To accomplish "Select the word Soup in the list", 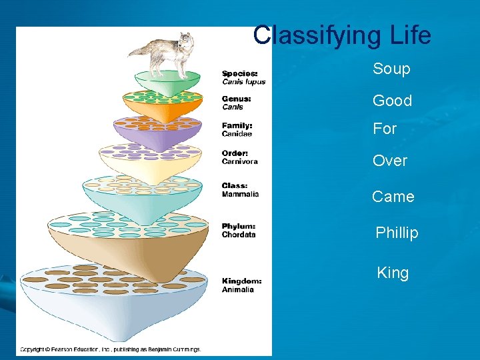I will pyautogui.click(x=391, y=69).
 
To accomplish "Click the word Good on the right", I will pyautogui.click(x=392, y=101).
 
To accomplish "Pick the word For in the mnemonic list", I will pyautogui.click(x=385, y=129).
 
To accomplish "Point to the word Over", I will pyautogui.click(x=389, y=161).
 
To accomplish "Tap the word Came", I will pyautogui.click(x=393, y=197).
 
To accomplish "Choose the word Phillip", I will pyautogui.click(x=397, y=233).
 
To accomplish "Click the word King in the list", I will pyautogui.click(x=393, y=273).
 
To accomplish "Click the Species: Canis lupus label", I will pyautogui.click(x=243, y=77).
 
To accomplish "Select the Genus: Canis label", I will pyautogui.click(x=237, y=102).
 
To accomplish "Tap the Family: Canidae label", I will pyautogui.click(x=238, y=129).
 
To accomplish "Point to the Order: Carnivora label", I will pyautogui.click(x=240, y=157).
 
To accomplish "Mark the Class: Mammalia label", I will pyautogui.click(x=240, y=190).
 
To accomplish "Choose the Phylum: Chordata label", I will pyautogui.click(x=239, y=230).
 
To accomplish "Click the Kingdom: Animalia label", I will pyautogui.click(x=241, y=285).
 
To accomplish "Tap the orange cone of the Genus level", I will pyautogui.click(x=162, y=107).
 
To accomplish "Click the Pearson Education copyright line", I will pyautogui.click(x=110, y=349).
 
